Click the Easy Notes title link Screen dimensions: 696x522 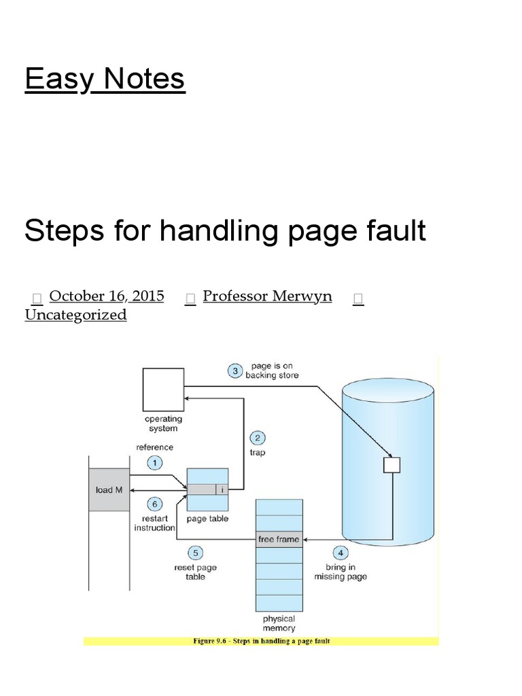(105, 79)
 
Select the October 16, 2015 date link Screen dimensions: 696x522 (107, 296)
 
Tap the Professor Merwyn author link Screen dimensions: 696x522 (267, 296)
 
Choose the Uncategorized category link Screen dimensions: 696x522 (75, 315)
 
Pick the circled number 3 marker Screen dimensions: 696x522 (234, 370)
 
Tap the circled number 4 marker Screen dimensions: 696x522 (341, 553)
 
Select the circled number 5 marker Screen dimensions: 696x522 (195, 553)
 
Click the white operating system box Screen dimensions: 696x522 (163, 389)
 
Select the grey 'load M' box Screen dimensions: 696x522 (109, 489)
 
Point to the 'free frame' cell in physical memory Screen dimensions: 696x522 (279, 540)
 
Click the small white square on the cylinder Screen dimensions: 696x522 (392, 465)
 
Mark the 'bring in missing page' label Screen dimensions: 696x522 (341, 572)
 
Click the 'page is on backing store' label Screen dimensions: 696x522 (271, 370)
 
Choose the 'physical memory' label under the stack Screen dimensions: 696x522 (279, 623)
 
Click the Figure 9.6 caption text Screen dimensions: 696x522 (261, 641)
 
